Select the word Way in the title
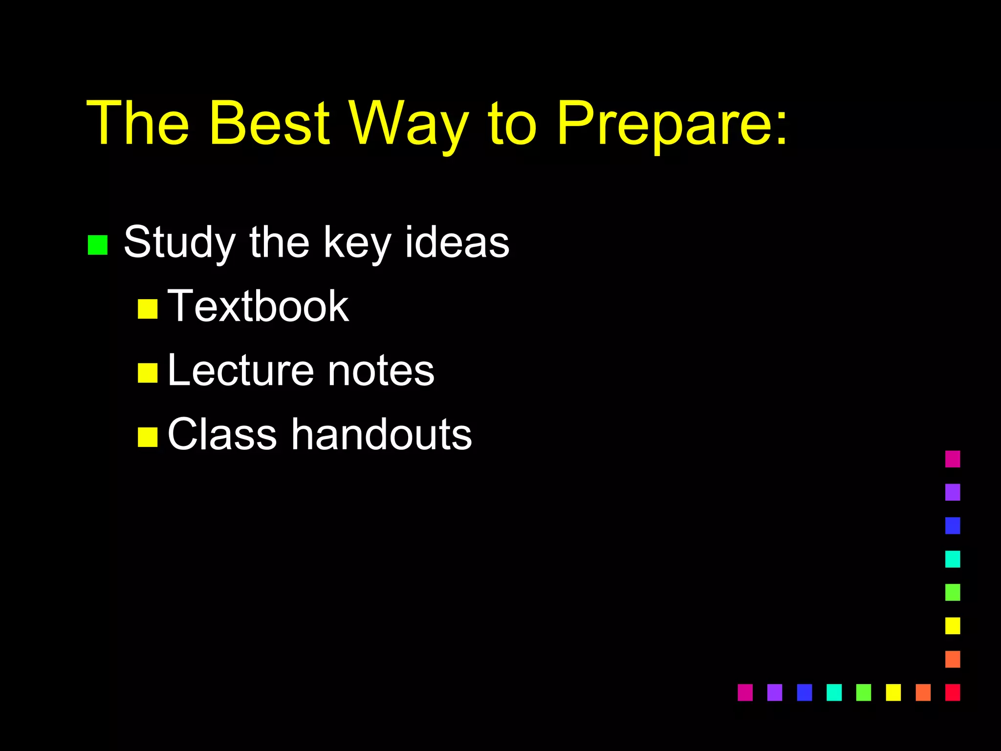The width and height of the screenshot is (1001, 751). pos(409,123)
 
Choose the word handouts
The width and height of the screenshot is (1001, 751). pos(381,434)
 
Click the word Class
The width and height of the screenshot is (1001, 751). pos(222,434)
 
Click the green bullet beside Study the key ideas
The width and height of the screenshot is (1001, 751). pos(97,245)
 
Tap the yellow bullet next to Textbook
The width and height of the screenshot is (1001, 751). pos(148,309)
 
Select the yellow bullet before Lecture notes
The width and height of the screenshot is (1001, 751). pos(148,373)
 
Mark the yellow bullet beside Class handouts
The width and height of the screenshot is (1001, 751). pos(148,437)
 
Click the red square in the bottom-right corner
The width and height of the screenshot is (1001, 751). pos(953,692)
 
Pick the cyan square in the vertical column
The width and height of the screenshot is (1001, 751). pos(953,559)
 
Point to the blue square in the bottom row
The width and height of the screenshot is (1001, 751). pos(804,692)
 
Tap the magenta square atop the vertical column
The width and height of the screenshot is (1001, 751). pos(953,459)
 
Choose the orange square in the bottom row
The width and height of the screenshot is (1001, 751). pos(923,692)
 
